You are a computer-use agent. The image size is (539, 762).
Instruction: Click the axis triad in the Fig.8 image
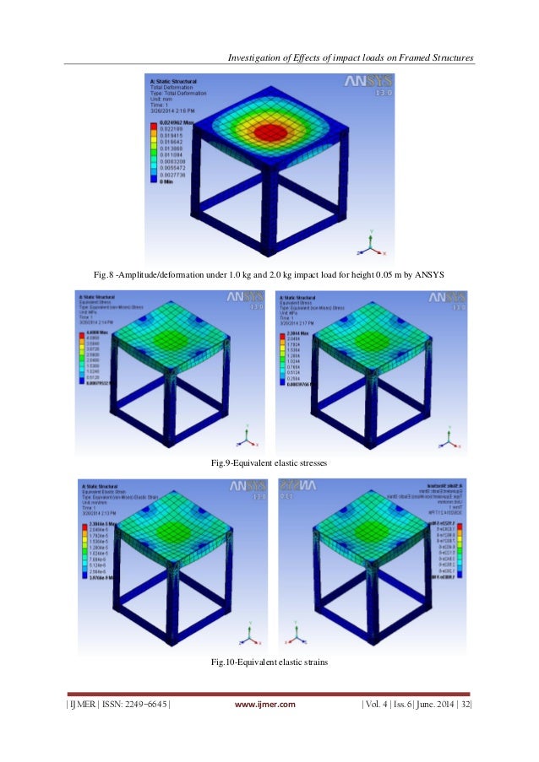[x=371, y=246]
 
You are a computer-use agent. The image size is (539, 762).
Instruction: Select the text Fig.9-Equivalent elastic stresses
[x=269, y=463]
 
